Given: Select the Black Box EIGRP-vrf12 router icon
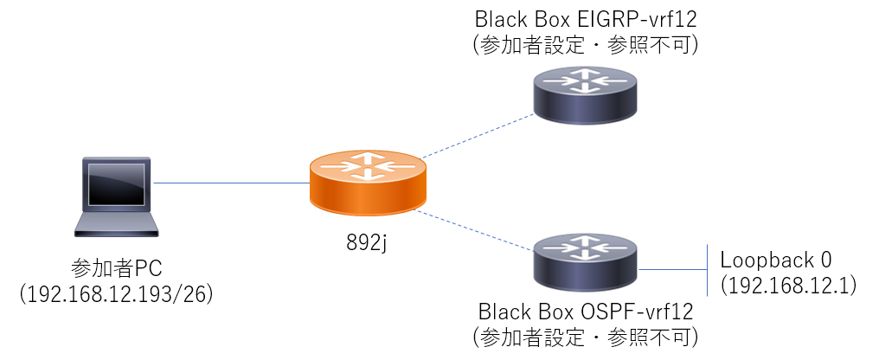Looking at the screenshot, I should click(587, 94).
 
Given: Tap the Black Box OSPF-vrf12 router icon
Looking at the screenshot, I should click(587, 256).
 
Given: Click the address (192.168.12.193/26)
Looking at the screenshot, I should click(116, 294).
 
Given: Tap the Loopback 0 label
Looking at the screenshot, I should click(776, 260).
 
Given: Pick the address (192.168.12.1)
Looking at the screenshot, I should click(786, 284).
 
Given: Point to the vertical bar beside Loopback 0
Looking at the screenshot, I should click(707, 270).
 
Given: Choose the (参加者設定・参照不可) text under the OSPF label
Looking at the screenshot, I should click(586, 335).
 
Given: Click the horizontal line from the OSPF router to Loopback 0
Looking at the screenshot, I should click(673, 270).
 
